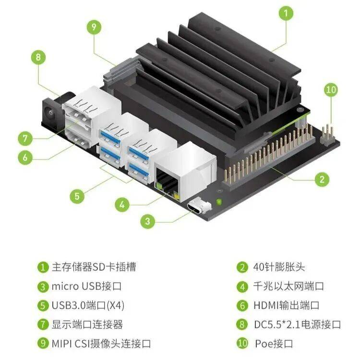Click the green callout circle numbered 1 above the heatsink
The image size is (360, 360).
pyautogui.click(x=286, y=13)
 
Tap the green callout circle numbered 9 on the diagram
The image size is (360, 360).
pyautogui.click(x=94, y=27)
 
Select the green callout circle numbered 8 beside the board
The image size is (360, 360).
pyautogui.click(x=38, y=57)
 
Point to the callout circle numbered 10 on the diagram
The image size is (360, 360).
pyautogui.click(x=331, y=90)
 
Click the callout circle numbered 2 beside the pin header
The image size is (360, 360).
pyautogui.click(x=322, y=180)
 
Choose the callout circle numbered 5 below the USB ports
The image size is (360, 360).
pyautogui.click(x=77, y=196)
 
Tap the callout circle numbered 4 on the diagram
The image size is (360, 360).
pyautogui.click(x=122, y=204)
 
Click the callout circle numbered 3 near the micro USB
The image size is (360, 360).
pyautogui.click(x=148, y=221)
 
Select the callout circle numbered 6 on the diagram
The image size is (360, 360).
pyautogui.click(x=25, y=157)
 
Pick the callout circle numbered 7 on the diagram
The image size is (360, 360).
pyautogui.click(x=25, y=138)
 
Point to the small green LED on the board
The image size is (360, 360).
pyautogui.click(x=219, y=202)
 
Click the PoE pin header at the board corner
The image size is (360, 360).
pyautogui.click(x=327, y=135)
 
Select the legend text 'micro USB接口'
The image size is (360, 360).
pyautogui.click(x=86, y=286)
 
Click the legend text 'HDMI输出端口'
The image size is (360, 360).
pyautogui.click(x=286, y=305)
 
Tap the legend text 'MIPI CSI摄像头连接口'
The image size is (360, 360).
pyautogui.click(x=101, y=344)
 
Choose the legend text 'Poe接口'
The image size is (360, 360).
pyautogui.click(x=274, y=344)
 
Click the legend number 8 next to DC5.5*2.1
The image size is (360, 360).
pyautogui.click(x=242, y=324)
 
